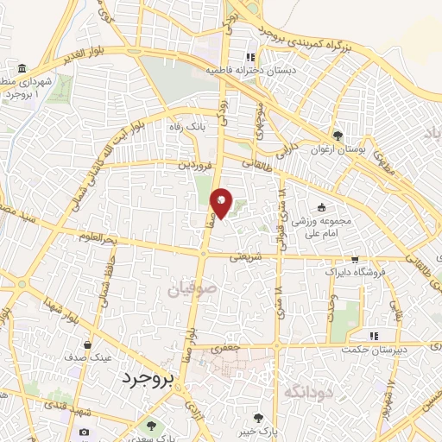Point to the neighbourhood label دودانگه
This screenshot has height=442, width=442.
[309, 391]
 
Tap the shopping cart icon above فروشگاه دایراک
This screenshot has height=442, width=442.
[354, 258]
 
